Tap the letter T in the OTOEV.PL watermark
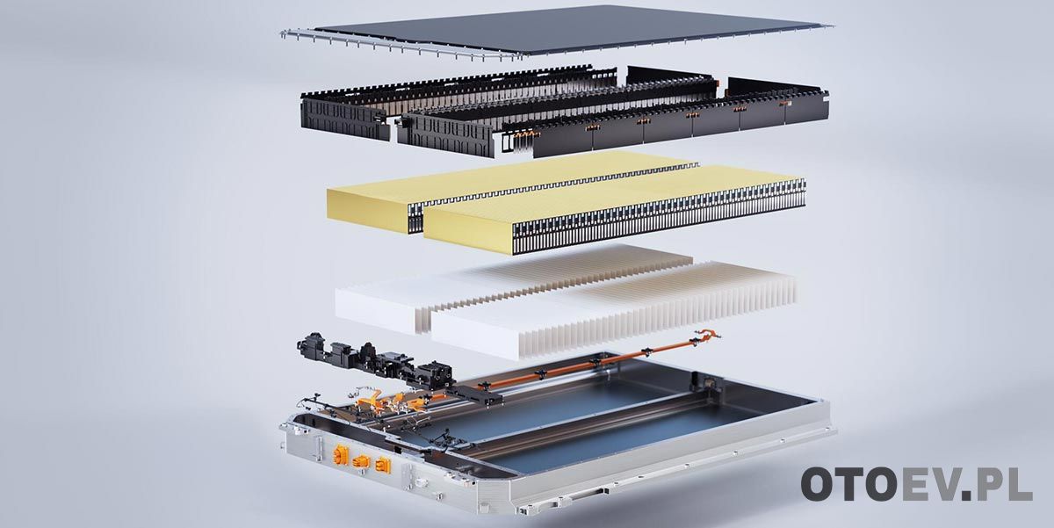coord(851,484)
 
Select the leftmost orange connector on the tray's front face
coord(340,455)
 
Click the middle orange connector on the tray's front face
coord(361,462)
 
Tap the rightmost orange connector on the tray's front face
coord(383,466)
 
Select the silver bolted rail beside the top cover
coord(400,46)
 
